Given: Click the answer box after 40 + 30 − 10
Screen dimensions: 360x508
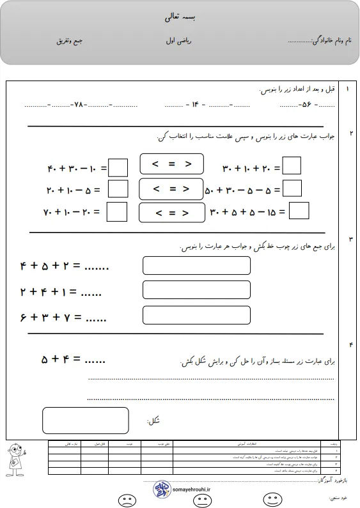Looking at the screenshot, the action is [x=118, y=167].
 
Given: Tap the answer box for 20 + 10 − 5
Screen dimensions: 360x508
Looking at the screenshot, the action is [x=118, y=189].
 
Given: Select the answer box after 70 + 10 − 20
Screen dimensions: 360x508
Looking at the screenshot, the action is [x=116, y=211].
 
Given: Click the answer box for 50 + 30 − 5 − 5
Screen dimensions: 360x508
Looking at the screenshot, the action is [x=292, y=189].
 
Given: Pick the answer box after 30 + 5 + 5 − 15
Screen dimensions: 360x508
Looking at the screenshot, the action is [x=299, y=210].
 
